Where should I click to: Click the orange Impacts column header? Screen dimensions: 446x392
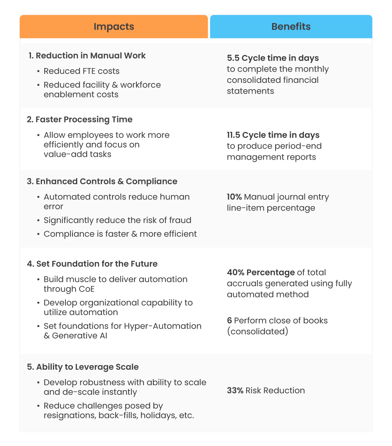coord(114,27)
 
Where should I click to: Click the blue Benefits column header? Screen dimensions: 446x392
coord(291,27)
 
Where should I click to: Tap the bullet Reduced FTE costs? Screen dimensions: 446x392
coord(82,71)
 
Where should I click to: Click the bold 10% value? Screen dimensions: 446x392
coord(234,197)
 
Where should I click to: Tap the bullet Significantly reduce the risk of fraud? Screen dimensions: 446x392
coord(117,220)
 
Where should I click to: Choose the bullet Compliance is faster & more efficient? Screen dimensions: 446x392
coord(120,234)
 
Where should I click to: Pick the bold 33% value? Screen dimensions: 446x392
coord(235,390)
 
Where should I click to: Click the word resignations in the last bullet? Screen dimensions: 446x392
coord(68,415)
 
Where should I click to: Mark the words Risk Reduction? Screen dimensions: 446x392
coord(275,390)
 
